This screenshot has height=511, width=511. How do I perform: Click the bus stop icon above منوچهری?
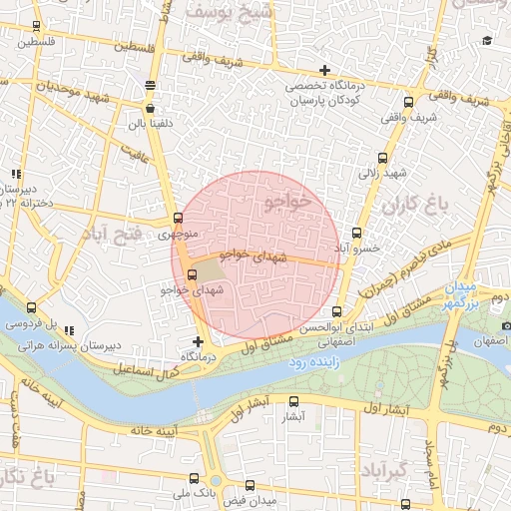click(x=179, y=219)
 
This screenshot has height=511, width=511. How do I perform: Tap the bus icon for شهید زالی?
click(x=383, y=158)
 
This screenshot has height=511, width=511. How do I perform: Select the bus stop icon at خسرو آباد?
click(x=357, y=233)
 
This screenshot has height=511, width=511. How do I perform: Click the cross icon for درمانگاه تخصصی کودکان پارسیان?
click(x=324, y=70)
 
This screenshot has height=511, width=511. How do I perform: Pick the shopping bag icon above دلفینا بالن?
click(x=150, y=109)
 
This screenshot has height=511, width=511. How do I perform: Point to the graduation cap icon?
click(x=487, y=40)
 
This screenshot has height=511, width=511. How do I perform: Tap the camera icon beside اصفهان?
click(x=507, y=325)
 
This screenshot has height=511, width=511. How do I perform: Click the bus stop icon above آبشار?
click(x=292, y=399)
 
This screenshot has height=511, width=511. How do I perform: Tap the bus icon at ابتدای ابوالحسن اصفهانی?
click(x=336, y=311)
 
